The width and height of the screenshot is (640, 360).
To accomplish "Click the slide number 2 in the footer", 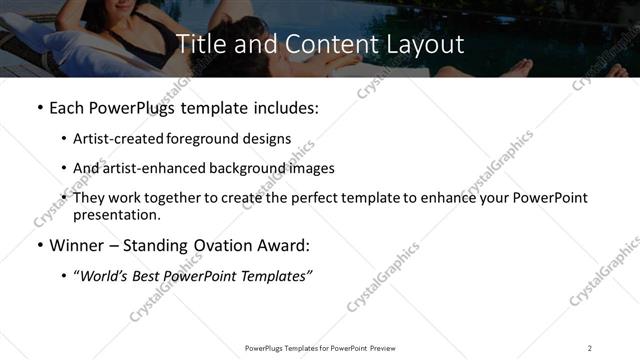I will [589, 347].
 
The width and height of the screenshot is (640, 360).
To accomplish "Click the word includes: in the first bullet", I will [284, 107].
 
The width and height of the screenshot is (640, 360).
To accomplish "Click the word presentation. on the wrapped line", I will [116, 214].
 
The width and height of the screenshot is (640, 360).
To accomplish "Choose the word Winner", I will [75, 244].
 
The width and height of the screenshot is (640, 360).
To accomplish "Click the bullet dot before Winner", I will [39, 244].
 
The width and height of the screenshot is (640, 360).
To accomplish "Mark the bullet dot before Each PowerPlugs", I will [39, 107].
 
